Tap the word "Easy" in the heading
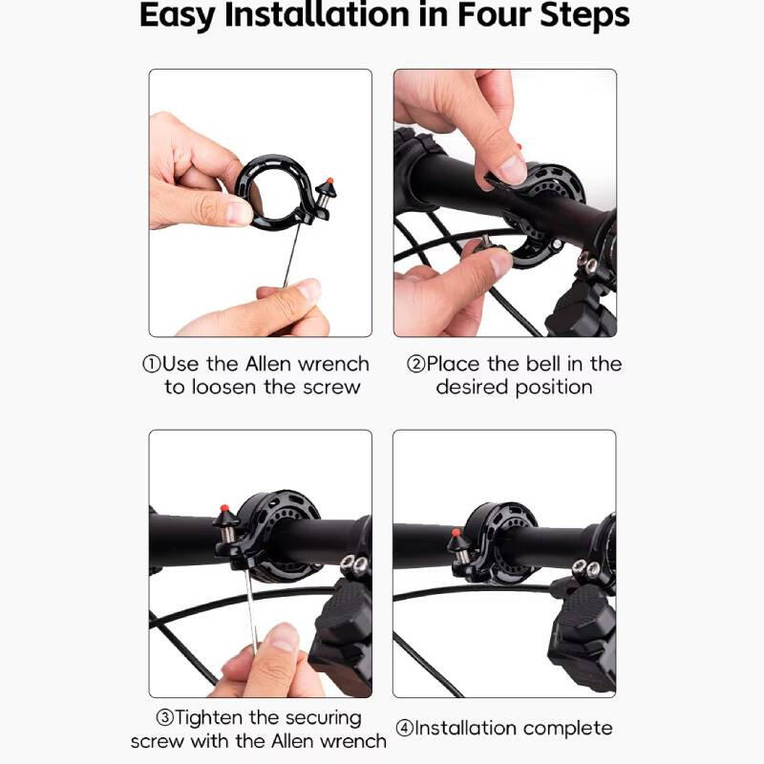coord(178,16)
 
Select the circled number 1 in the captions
coord(151,364)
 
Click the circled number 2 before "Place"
coord(415,364)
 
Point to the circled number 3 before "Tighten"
coord(164,717)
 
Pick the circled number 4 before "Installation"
coord(404,729)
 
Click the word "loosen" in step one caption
coord(223,387)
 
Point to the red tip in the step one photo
coord(329,180)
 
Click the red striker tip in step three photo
coord(224,508)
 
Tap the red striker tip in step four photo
coord(456,533)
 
